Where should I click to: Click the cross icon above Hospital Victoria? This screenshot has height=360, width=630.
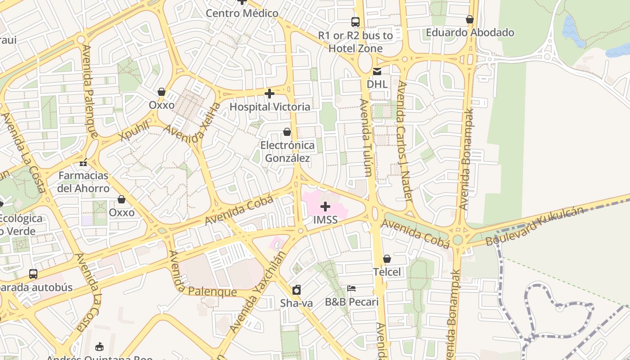point(270,94)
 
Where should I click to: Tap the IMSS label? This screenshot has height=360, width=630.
point(325,220)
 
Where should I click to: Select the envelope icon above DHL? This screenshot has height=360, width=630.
point(377,71)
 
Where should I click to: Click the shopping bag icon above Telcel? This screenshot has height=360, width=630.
point(387,259)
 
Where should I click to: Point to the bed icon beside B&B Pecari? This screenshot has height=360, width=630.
point(351,288)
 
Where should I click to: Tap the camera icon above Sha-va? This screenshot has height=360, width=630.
point(296,289)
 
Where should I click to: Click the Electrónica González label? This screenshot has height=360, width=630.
point(288,152)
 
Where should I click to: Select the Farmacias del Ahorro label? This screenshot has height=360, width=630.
point(83,182)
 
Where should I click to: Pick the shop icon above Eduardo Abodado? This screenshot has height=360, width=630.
point(469,19)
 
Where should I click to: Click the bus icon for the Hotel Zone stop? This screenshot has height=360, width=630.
point(355,21)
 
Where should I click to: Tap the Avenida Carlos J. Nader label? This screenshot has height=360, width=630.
point(404,142)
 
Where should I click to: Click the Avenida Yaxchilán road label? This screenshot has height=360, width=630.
point(258,292)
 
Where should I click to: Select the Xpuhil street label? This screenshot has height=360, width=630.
point(134,131)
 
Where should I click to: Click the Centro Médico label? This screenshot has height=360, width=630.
point(242,13)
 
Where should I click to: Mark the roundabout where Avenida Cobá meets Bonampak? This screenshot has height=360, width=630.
point(458,239)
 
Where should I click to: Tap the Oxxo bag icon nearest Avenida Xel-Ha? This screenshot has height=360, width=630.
point(161,92)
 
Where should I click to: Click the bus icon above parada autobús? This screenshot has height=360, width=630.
point(33,274)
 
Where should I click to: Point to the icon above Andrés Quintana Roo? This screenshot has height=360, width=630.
point(99,346)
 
